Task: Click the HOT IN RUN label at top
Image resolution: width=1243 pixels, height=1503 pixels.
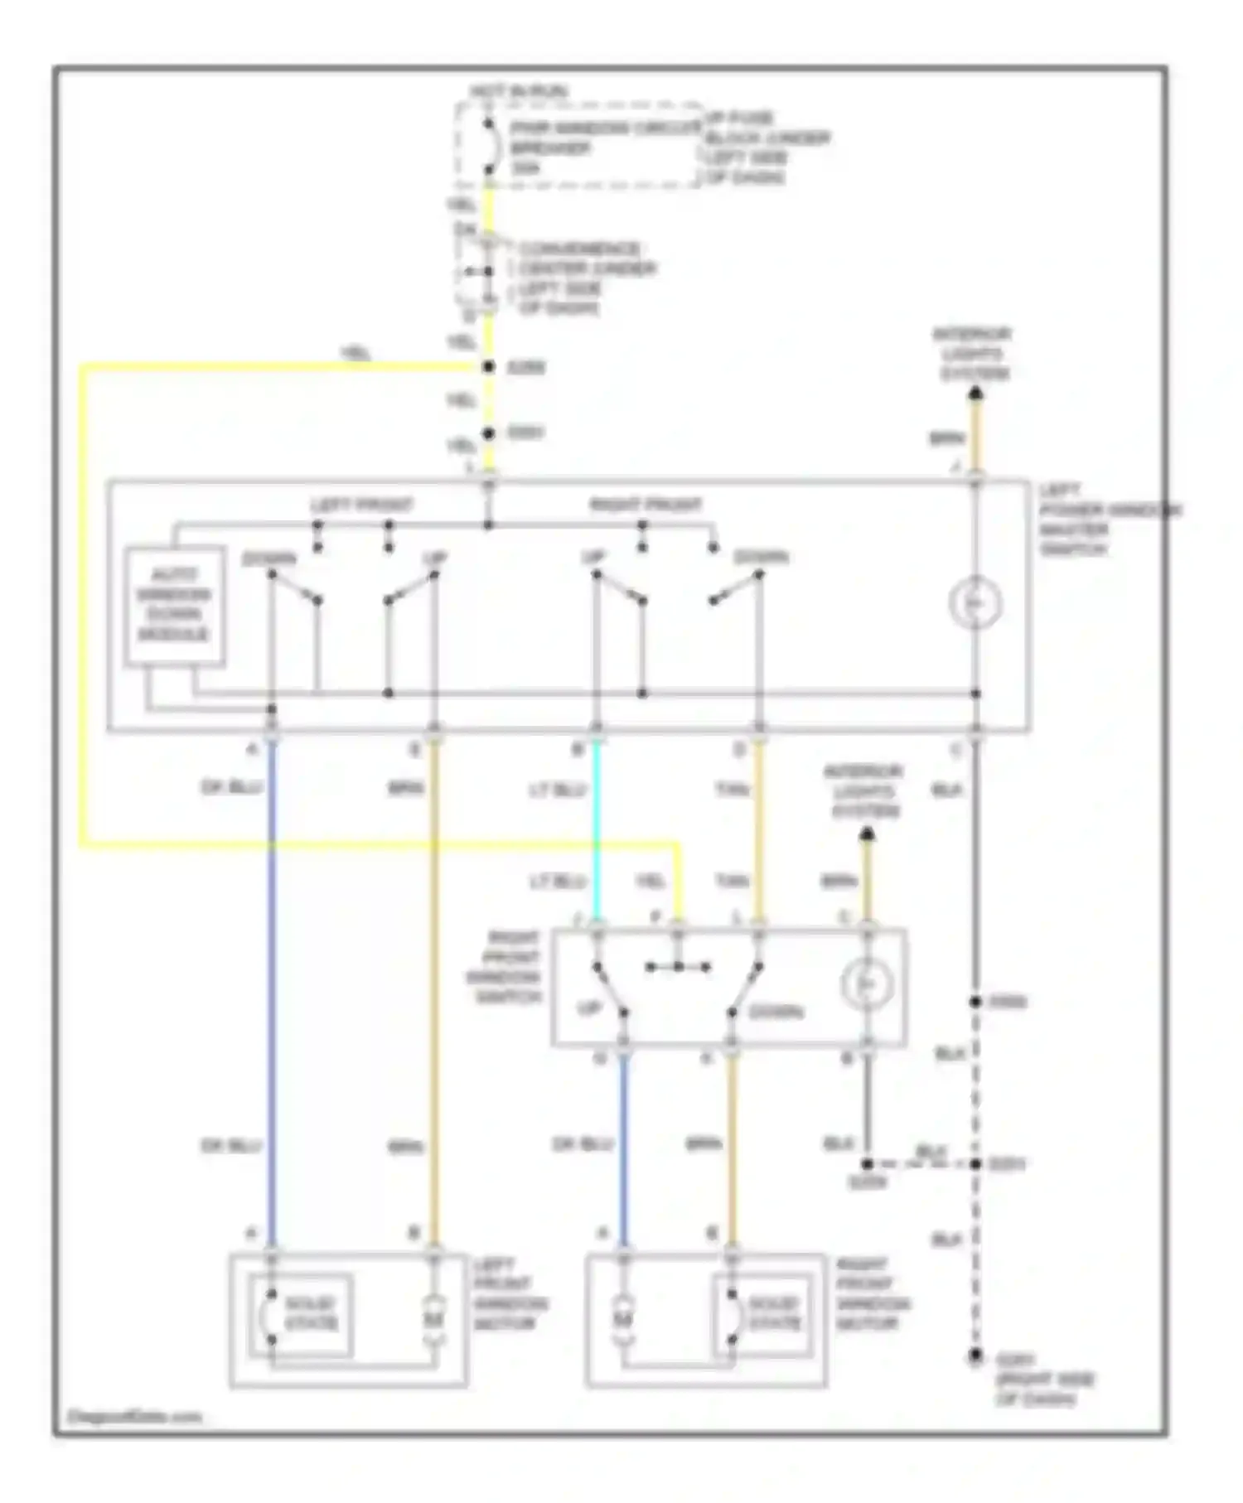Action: pos(519,90)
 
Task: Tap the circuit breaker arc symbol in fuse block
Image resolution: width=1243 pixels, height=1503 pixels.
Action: pos(491,148)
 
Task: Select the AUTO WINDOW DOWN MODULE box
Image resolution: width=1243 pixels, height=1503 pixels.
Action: pos(174,605)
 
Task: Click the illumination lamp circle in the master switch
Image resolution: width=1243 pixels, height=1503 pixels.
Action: pos(975,604)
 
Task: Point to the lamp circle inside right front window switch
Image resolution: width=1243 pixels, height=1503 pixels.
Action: pos(867,984)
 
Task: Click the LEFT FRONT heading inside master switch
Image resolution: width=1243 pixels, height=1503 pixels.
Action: pos(361,505)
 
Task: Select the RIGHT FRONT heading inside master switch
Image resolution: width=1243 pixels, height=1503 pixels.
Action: pos(646,505)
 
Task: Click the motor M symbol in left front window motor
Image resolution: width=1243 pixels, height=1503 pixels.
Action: pos(434,1317)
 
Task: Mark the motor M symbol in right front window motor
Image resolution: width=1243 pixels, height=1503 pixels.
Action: pos(623,1317)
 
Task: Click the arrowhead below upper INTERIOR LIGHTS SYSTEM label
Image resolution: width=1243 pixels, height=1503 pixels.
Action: pos(975,394)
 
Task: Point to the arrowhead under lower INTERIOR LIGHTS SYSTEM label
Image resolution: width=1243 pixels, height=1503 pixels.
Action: pos(867,833)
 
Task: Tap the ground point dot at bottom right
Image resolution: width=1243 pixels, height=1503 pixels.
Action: pos(976,1356)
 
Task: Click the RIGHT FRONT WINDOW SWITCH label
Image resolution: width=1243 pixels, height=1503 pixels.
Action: pos(506,967)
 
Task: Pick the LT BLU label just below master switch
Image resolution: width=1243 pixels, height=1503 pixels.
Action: pos(559,790)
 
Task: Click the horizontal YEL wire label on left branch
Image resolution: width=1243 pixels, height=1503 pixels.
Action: pos(355,353)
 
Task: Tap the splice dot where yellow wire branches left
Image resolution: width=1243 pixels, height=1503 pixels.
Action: pos(489,367)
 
